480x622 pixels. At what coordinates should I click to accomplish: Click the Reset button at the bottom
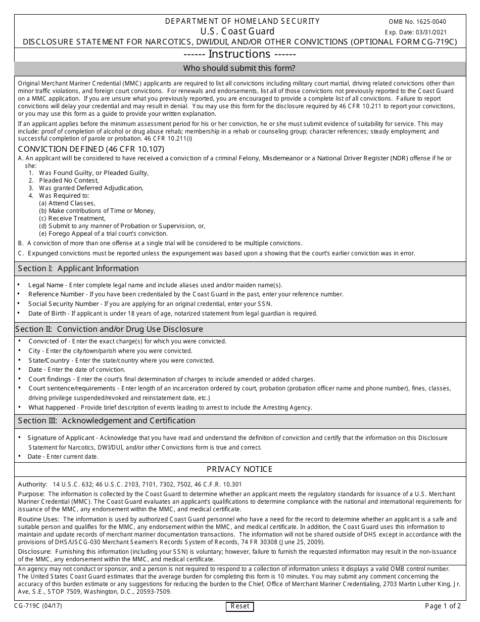239,606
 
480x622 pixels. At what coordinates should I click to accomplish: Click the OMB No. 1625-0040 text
417,22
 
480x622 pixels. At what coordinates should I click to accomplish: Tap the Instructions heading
240,54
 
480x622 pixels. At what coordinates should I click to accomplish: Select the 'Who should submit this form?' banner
240,68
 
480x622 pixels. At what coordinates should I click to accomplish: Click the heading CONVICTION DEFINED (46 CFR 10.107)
91,149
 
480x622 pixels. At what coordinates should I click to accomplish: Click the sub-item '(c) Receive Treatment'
72,218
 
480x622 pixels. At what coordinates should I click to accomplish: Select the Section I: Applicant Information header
78,269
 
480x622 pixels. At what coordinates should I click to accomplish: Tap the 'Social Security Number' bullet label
64,304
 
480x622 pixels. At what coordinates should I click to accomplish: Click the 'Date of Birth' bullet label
49,314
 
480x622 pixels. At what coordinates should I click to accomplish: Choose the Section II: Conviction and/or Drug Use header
109,329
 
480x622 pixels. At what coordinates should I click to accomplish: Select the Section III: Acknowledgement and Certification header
107,421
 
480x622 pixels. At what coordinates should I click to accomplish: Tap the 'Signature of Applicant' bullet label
61,438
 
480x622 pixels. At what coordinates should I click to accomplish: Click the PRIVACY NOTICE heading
240,469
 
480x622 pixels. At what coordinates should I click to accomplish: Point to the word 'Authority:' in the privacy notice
33,484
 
